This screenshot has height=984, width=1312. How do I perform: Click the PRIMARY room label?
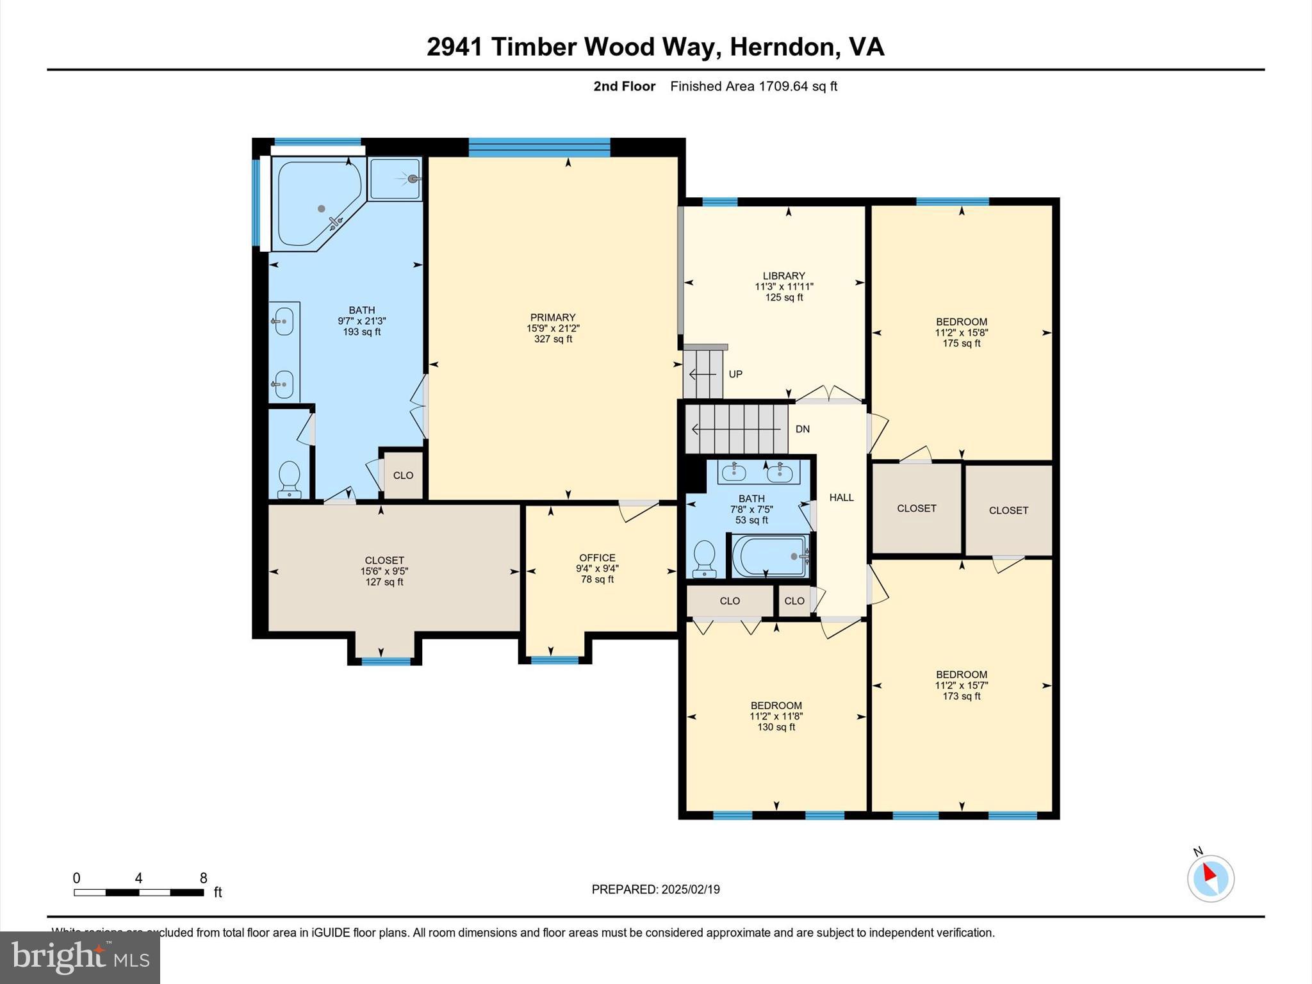point(552,317)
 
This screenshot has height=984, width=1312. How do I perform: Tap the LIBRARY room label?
point(783,276)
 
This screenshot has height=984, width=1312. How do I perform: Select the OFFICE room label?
point(597,558)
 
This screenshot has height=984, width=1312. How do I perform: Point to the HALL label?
point(841,498)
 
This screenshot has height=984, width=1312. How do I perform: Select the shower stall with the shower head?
point(395,180)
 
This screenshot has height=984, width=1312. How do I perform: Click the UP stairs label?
point(735,374)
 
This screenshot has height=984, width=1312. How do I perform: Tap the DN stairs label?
point(802,429)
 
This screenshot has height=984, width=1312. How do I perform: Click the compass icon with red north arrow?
point(1210,878)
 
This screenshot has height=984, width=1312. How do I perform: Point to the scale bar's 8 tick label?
point(203,878)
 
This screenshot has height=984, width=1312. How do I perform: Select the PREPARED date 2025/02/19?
point(690,889)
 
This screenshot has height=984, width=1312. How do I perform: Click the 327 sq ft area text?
point(553,339)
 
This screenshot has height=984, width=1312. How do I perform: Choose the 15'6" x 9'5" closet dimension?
point(384,571)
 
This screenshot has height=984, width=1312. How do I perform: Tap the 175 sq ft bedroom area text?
point(961,343)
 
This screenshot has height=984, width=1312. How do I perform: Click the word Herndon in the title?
point(785,47)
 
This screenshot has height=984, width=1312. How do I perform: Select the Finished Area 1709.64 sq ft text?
point(753,86)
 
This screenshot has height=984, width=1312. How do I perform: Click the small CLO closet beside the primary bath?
point(403,475)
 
